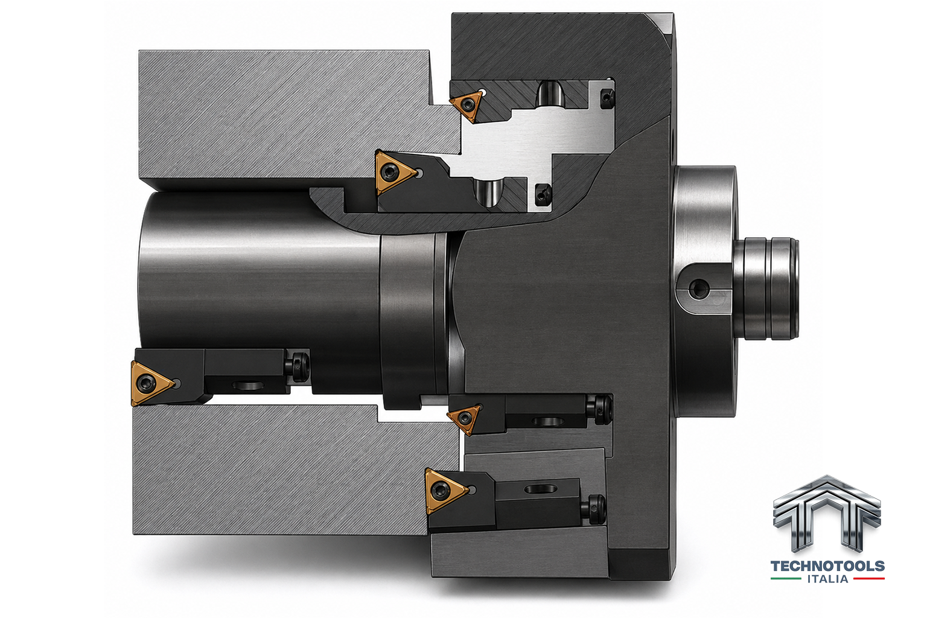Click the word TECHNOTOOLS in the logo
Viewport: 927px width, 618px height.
click(827, 566)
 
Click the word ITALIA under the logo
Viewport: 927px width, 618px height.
click(827, 578)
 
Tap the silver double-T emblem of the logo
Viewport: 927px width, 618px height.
click(827, 514)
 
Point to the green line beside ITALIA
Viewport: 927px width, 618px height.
click(785, 578)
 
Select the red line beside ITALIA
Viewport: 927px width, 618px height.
click(869, 578)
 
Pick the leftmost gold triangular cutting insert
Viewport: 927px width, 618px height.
click(151, 383)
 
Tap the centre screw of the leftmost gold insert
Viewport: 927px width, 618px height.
click(144, 383)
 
